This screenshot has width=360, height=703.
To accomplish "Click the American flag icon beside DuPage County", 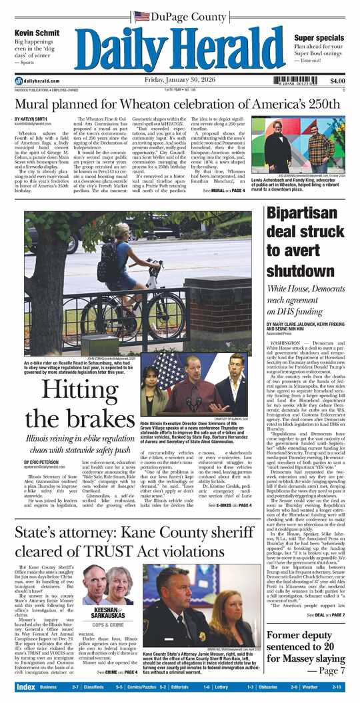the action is click(141, 16).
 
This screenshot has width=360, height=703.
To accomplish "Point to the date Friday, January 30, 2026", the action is click(179, 81).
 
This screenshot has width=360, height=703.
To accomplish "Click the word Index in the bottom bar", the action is click(26, 687).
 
